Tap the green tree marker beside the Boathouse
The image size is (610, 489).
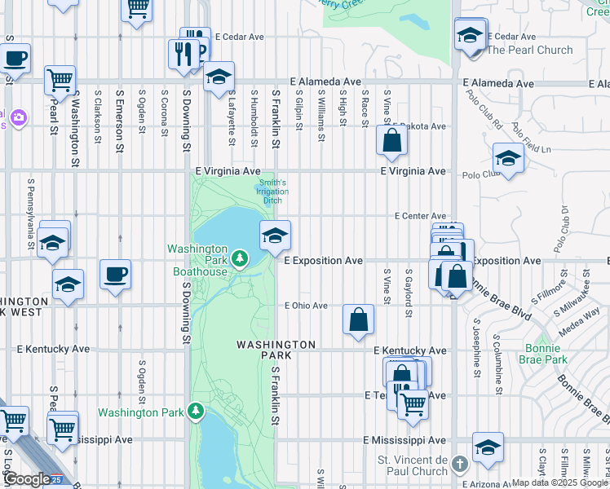tap(240, 259)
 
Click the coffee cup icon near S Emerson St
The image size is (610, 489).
tap(116, 274)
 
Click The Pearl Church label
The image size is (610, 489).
tap(529, 50)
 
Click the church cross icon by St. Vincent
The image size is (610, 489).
tap(459, 465)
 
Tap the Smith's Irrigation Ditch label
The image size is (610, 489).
tap(272, 192)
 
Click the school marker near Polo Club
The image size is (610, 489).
tap(508, 158)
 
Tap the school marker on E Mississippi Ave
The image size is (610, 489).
tap(488, 447)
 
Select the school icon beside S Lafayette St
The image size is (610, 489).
tap(218, 77)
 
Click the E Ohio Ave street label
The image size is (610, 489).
tap(306, 306)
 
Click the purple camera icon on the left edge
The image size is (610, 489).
tap(17, 119)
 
